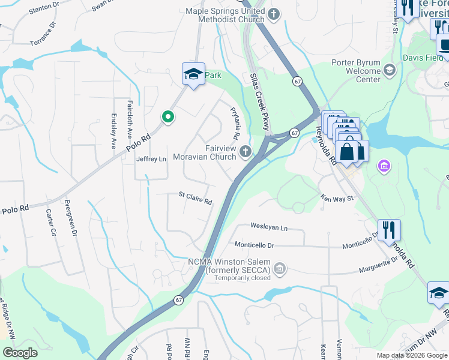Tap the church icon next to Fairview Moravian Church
coord(245,152)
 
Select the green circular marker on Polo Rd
coord(168,116)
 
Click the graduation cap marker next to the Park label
coord(193,74)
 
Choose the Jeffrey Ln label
coord(151,159)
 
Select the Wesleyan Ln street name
coord(268,228)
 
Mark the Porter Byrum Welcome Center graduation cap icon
coord(389,70)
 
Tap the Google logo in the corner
coord(20,352)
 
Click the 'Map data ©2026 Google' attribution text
coord(412,355)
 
